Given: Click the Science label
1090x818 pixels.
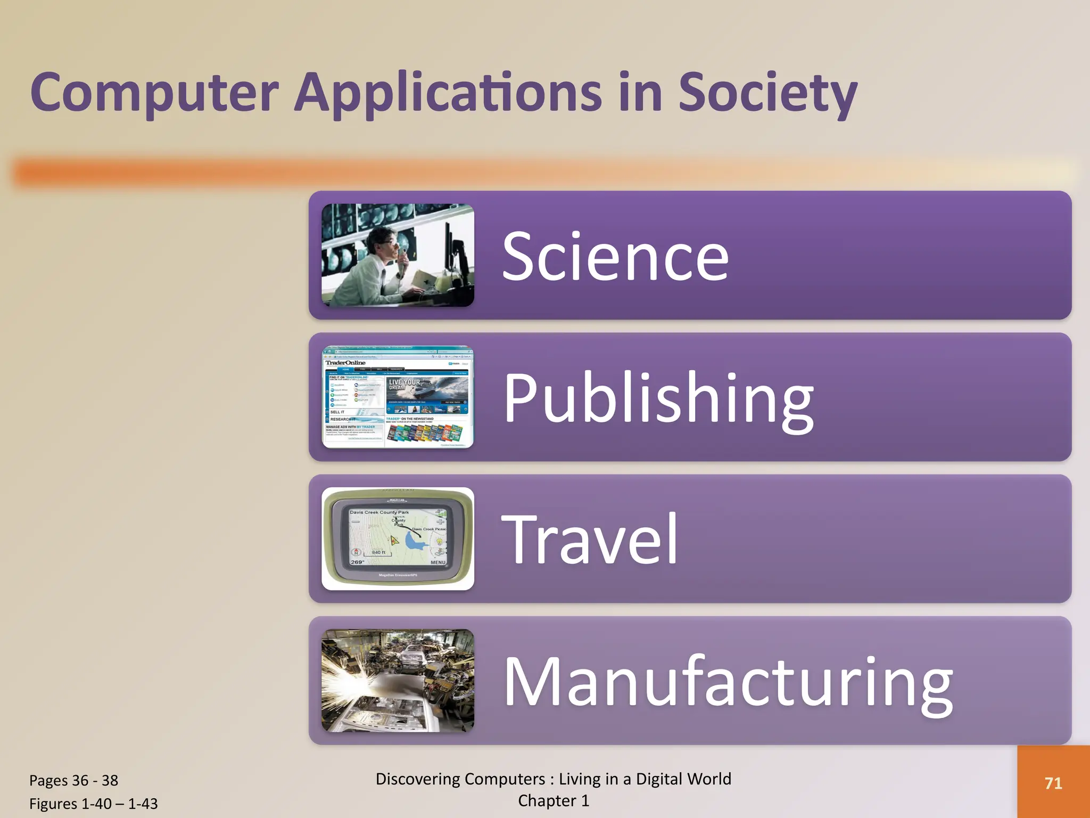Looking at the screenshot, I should click(x=615, y=257).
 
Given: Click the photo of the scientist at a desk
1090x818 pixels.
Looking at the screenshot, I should click(x=398, y=255).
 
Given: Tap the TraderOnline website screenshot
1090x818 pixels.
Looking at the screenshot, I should click(x=398, y=397).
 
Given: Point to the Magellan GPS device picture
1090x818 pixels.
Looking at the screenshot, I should click(x=398, y=538).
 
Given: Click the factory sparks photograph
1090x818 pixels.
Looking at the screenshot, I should click(x=398, y=681).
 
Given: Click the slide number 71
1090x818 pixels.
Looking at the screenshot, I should click(x=1053, y=783).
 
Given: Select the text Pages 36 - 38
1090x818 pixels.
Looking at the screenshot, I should click(x=73, y=780).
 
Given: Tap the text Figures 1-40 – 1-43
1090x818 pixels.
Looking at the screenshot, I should click(x=94, y=803).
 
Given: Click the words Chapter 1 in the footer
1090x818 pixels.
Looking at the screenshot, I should click(x=554, y=800).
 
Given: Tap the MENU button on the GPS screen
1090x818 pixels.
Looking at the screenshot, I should click(x=438, y=562).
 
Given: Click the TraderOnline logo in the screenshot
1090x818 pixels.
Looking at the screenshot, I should click(x=345, y=363).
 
